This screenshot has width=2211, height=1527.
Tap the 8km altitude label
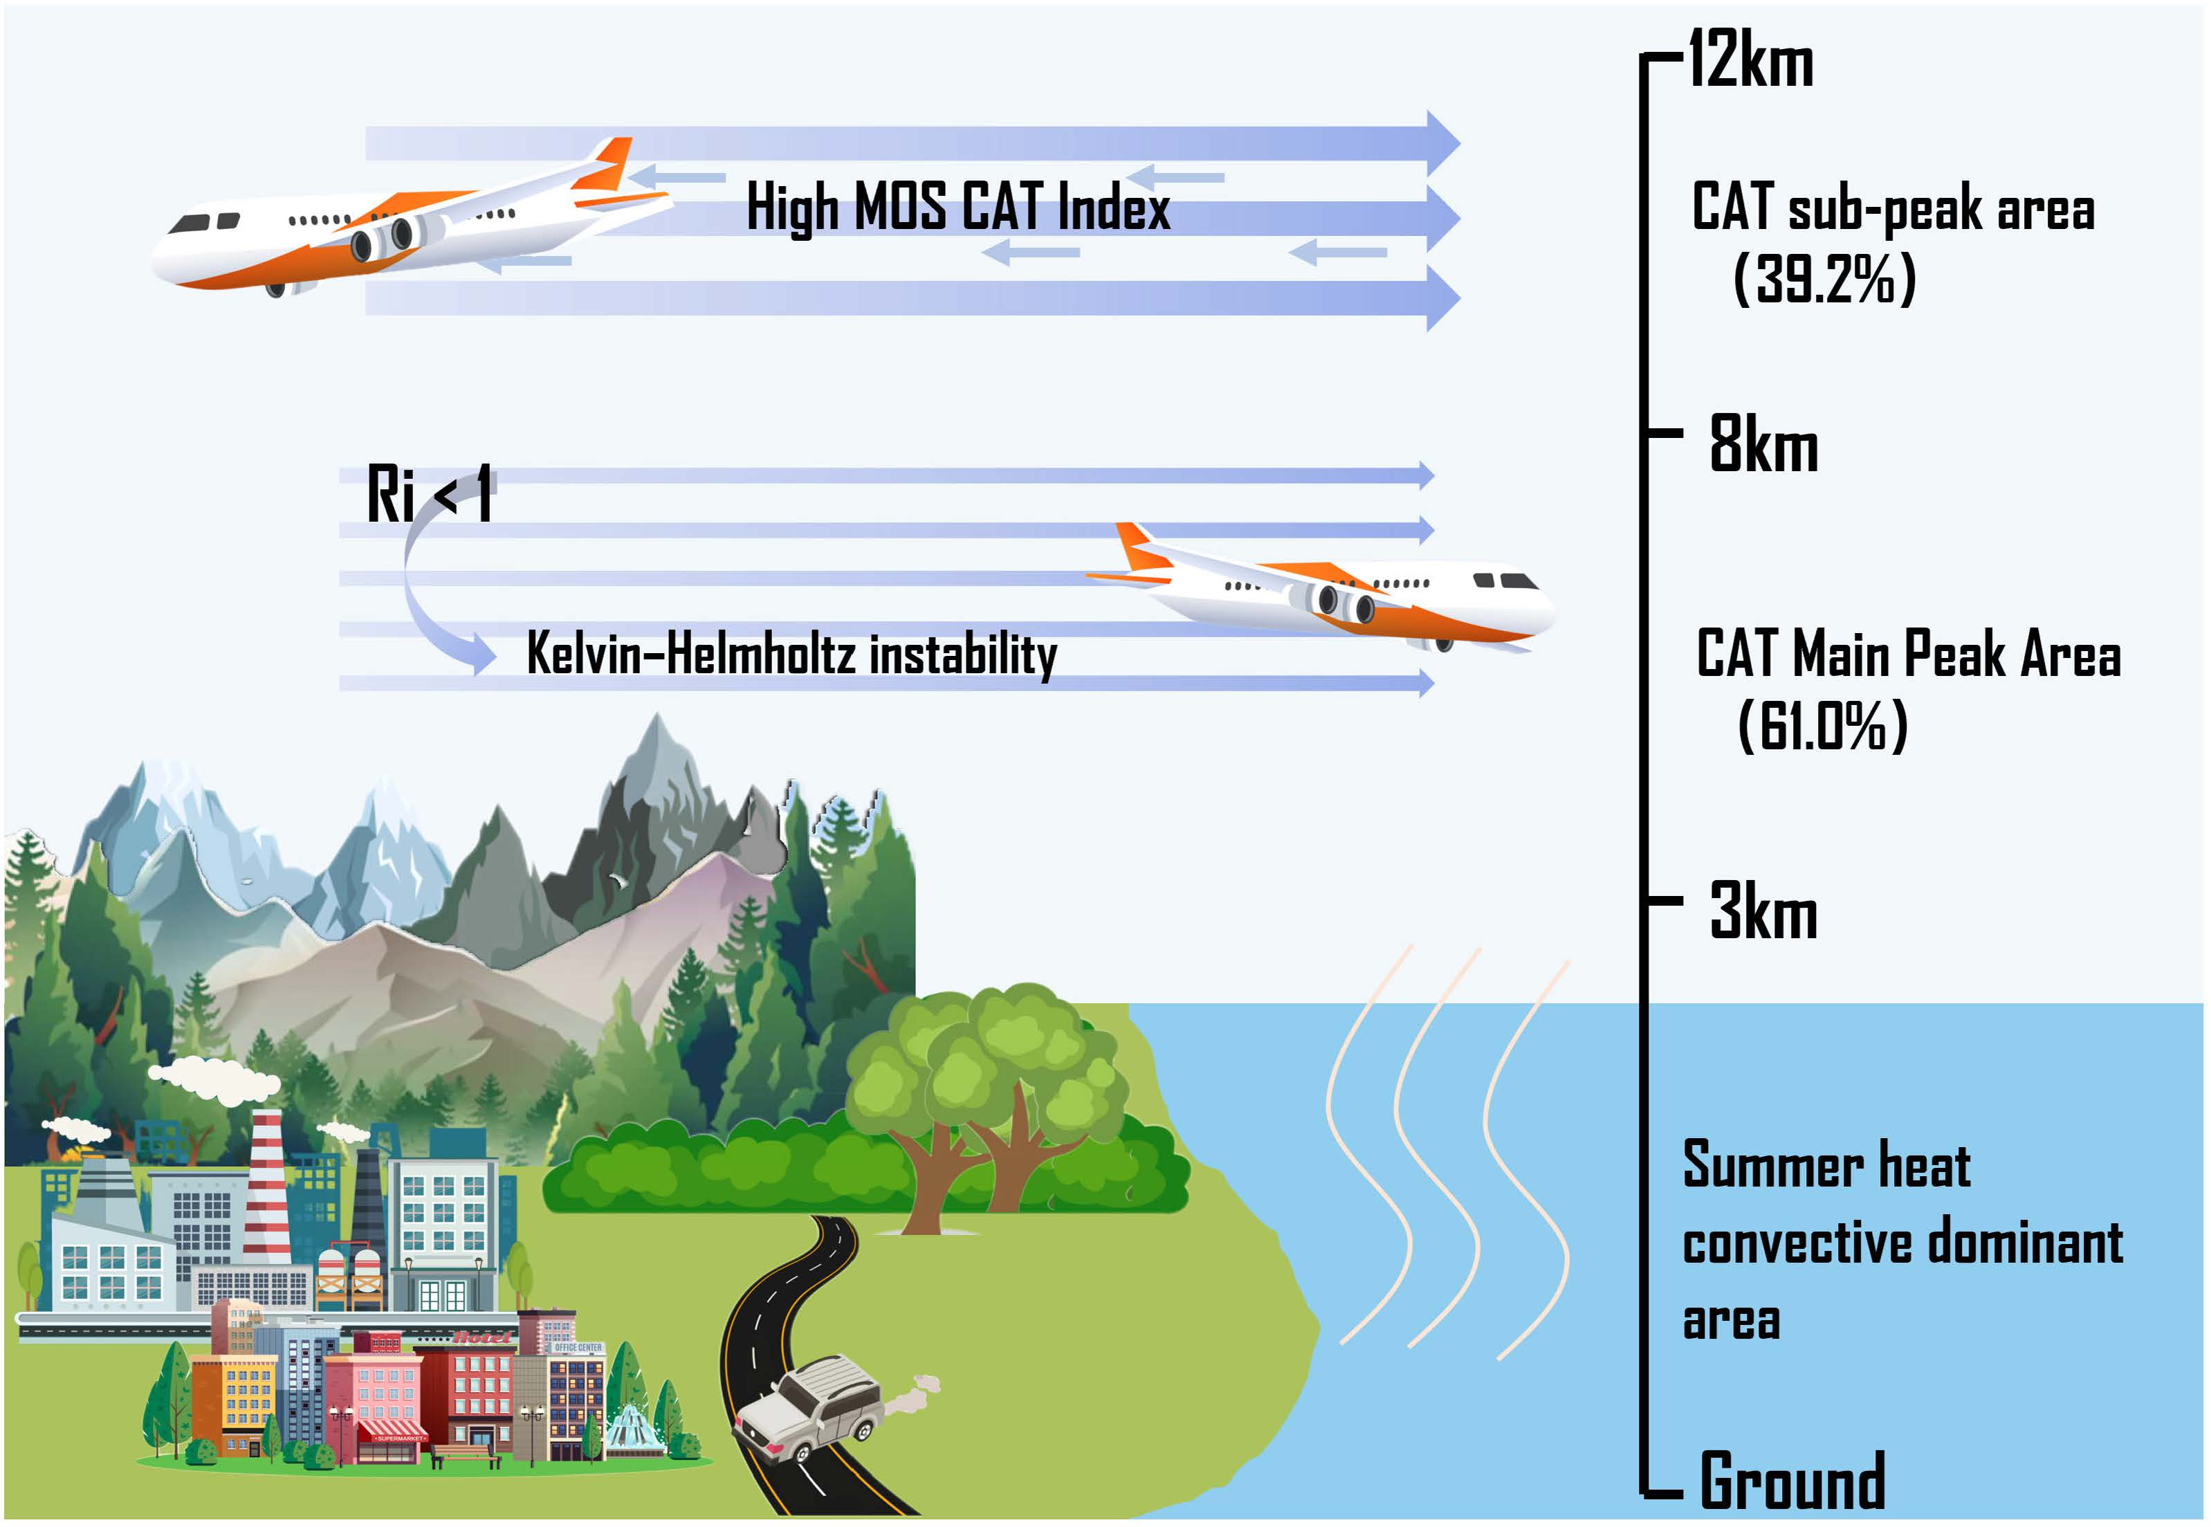point(1763,445)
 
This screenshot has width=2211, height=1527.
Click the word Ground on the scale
point(1792,1481)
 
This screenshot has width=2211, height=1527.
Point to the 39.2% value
point(1824,280)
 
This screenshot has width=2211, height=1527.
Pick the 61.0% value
point(1823,725)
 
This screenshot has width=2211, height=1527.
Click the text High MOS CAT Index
point(957,207)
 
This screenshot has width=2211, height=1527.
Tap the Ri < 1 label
point(430,494)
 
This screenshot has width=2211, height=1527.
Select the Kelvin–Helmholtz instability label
point(791,655)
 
